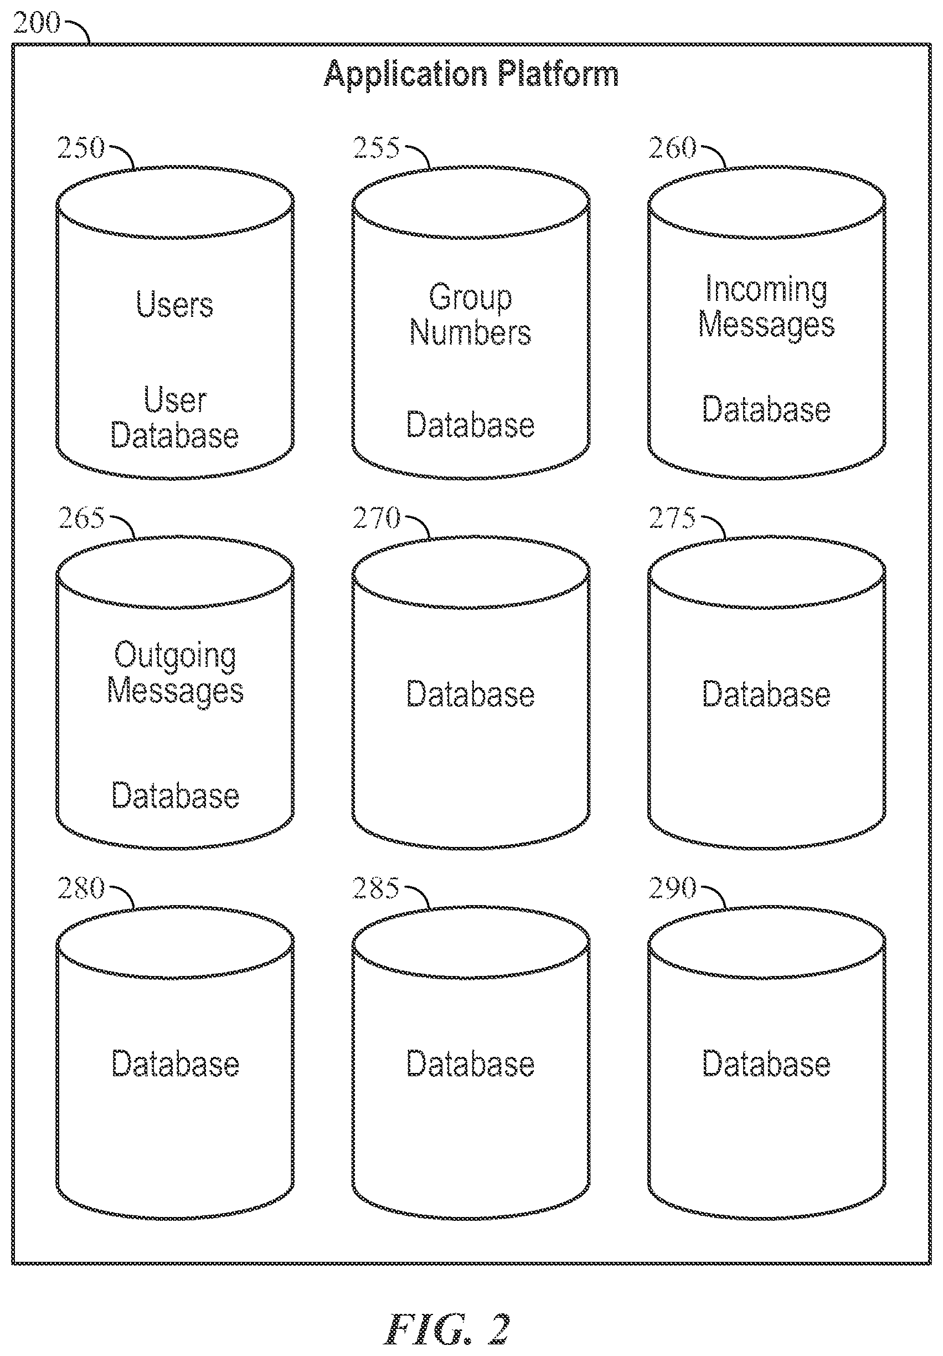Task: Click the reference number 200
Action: coord(37,23)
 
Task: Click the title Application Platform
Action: coord(471,74)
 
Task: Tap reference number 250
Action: coord(81,148)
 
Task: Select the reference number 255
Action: coord(376,148)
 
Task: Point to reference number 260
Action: coord(673,148)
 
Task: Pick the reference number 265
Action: coord(81,518)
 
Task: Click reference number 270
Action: coord(376,518)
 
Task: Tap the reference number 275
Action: coord(673,518)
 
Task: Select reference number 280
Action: coord(81,888)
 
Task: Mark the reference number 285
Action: coord(376,888)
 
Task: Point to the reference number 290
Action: coord(673,888)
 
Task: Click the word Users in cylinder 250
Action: coord(175,304)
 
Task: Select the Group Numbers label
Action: coord(471,315)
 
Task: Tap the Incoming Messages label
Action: coord(766,307)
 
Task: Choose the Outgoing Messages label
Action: coord(176,673)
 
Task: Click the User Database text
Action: coord(175,418)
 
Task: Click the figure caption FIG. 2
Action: coord(447,1329)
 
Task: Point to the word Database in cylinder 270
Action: coord(471,694)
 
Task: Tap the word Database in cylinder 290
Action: coord(766,1064)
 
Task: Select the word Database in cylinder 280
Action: coord(176,1064)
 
